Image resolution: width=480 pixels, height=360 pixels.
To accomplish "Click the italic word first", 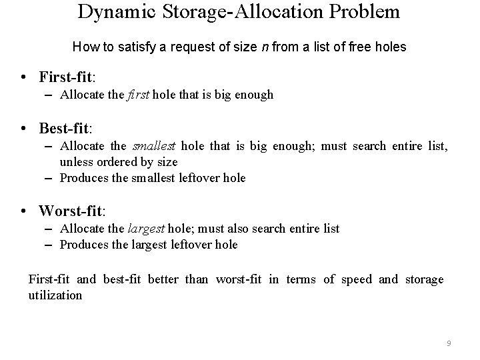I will (138, 95).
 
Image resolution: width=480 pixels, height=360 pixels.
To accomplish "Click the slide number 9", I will (449, 343).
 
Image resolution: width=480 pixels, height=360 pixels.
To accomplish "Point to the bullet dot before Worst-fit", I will (23, 211).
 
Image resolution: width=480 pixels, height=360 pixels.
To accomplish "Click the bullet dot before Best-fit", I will (23, 127).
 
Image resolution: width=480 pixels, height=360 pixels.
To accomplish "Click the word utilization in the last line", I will (55, 295).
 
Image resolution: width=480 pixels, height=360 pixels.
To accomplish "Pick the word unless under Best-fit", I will (75, 161).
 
